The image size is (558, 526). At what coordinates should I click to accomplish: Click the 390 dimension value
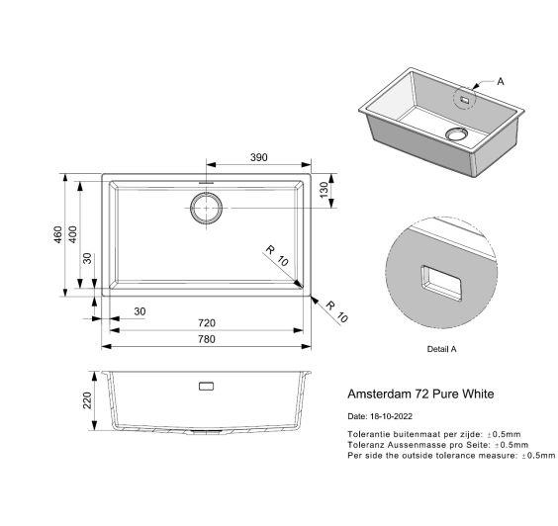coord(258,157)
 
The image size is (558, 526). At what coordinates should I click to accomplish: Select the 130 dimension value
coord(325,190)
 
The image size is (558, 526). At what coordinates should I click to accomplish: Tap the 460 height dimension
coord(58,234)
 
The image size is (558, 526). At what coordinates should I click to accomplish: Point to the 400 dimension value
coord(73,234)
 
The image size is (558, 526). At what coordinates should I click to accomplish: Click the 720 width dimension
coord(207,323)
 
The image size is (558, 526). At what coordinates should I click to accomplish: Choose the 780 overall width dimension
coord(207,339)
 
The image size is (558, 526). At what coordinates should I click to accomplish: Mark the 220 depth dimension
coord(87,400)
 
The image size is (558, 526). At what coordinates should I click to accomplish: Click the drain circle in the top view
coord(206,208)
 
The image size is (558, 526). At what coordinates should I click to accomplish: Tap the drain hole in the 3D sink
coord(456,133)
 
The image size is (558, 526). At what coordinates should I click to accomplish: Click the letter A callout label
coord(501,81)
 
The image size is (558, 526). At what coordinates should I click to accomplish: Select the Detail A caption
coord(441,349)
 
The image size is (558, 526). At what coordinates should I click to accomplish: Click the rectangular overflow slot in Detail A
coord(441,283)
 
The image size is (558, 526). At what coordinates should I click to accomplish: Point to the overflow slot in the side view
coord(206,386)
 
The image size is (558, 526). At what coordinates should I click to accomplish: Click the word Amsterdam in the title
coord(379,394)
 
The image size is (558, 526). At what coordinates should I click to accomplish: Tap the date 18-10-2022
coord(391,416)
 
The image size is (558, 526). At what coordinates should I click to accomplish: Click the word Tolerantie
coord(367,434)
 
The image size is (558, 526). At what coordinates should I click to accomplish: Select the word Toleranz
coord(366,445)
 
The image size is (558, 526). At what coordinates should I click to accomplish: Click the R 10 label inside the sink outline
coord(277,256)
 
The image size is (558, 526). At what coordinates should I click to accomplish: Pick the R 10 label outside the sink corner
coord(336,311)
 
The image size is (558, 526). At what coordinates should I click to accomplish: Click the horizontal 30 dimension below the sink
coord(139,311)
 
